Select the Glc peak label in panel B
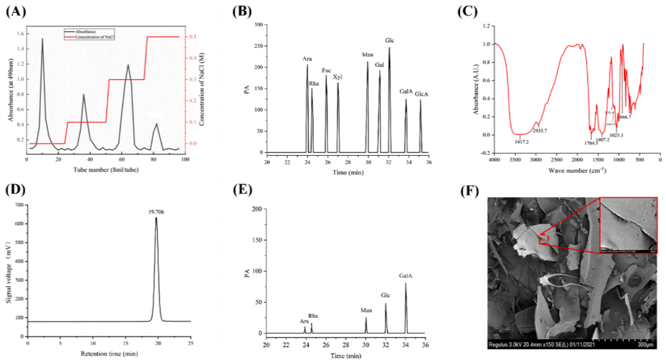pos(389,40)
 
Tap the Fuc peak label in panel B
pos(327,70)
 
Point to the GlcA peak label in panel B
pos(422,94)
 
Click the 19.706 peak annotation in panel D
pos(156,211)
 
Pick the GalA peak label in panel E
pos(406,276)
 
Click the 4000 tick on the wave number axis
pos(494,160)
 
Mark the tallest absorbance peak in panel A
pos(42,39)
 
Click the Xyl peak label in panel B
pos(338,76)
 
